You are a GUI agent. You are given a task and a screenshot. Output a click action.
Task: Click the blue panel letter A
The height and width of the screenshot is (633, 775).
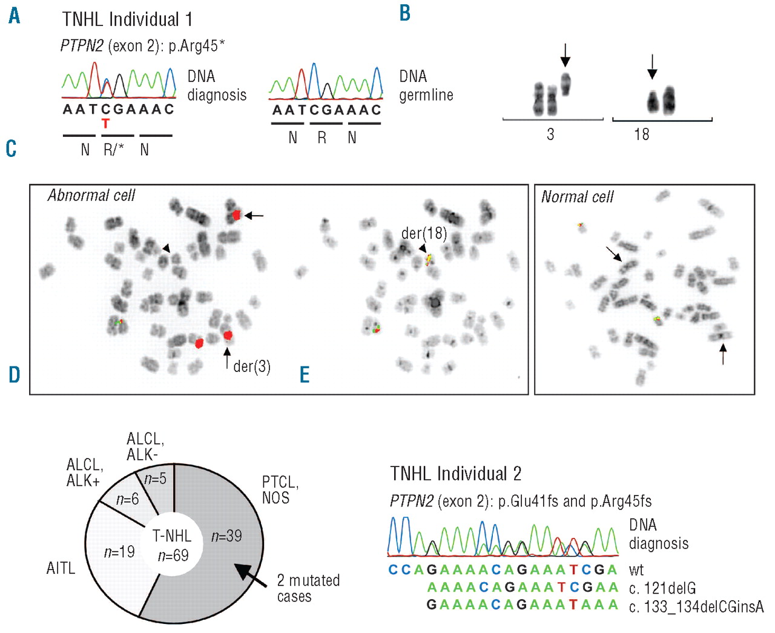pos(15,16)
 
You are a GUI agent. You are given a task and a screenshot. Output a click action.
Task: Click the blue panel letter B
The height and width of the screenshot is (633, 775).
pos(405,13)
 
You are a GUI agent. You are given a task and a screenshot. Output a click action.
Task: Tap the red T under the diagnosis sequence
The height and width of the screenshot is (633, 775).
pos(106,124)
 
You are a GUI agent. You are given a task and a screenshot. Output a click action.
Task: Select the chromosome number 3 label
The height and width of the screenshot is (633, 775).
pos(550,134)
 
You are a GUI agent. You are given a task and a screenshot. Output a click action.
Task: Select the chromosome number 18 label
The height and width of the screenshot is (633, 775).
pos(642,134)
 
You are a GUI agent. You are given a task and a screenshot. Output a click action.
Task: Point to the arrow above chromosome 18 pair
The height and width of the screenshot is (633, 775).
pos(652,67)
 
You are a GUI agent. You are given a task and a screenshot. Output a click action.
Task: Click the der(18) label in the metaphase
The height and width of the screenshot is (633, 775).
pos(424,234)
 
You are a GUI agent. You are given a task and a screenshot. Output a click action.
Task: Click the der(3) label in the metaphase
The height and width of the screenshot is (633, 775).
pos(252,366)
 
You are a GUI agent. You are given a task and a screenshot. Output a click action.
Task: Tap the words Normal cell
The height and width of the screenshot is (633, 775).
pos(577,197)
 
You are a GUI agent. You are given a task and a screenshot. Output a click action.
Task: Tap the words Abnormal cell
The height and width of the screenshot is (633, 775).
pos(91,195)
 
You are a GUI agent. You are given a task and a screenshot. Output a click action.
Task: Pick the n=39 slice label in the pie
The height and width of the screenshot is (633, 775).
pos(226,536)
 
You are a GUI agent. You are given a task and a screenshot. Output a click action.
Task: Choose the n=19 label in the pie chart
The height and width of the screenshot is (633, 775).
pos(119,552)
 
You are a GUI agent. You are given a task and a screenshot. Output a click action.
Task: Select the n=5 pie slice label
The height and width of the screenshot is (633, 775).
pos(155,479)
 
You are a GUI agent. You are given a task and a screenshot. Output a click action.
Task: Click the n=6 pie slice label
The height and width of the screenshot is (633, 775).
pos(128,499)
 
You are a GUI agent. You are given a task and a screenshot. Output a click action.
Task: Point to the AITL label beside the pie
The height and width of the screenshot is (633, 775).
pos(61,568)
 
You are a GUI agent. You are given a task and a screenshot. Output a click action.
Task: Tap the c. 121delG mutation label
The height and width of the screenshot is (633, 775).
pos(662,588)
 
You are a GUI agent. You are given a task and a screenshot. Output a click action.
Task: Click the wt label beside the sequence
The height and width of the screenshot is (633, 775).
pos(636,570)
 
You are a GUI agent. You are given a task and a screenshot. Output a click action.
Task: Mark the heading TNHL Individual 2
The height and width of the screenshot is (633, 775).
pos(456,474)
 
